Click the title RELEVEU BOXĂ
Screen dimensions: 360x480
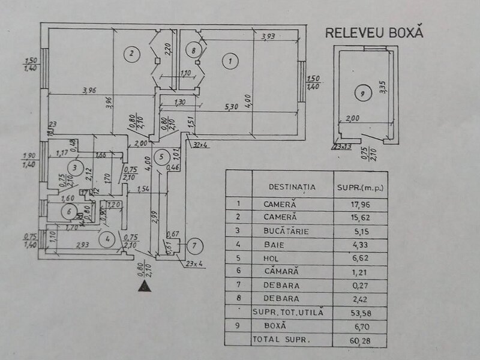(374, 32)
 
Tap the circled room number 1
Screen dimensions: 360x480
(229, 60)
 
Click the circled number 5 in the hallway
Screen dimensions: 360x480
(159, 157)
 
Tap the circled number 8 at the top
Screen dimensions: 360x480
(193, 51)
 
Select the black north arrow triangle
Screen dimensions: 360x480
(143, 286)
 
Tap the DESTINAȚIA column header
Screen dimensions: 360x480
(292, 187)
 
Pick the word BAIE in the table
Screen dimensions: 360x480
(275, 244)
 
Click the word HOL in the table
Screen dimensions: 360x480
(274, 257)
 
